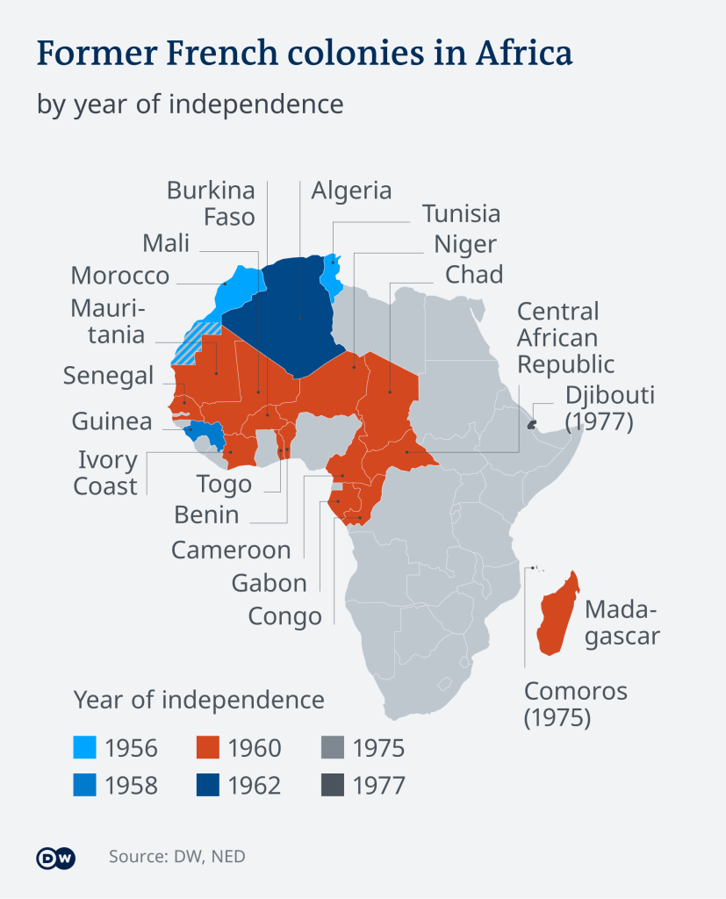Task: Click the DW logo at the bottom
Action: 55,858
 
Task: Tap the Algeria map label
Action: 351,191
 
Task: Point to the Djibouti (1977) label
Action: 609,407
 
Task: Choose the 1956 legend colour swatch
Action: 85,748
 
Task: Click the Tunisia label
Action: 461,213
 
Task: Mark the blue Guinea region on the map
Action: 205,432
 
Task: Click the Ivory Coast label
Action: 107,473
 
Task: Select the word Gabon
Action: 270,583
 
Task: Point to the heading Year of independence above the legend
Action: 198,700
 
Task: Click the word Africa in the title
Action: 523,54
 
